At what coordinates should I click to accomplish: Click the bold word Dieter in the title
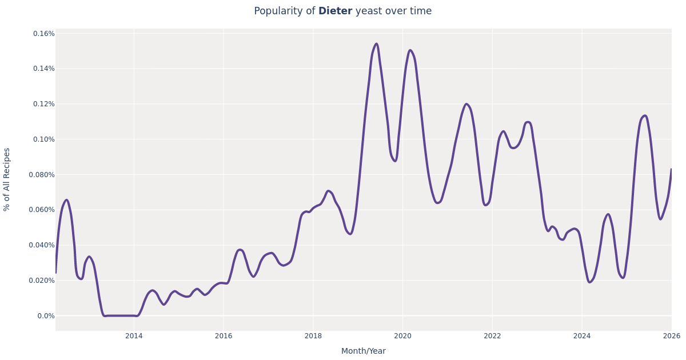click(x=335, y=11)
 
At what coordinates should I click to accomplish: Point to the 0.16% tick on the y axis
click(x=44, y=34)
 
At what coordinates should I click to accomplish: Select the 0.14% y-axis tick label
click(x=44, y=69)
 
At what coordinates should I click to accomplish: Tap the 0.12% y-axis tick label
click(x=44, y=104)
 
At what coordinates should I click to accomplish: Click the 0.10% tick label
click(x=44, y=139)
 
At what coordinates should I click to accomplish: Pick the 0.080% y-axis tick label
click(x=42, y=175)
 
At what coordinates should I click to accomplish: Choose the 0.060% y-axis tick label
click(x=42, y=210)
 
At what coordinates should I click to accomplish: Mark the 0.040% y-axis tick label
click(x=42, y=245)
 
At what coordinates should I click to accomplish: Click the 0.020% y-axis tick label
click(x=42, y=281)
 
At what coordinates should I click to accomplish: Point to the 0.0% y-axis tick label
click(x=46, y=316)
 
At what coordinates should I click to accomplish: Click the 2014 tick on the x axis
click(x=134, y=336)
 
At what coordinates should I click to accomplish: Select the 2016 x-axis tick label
click(x=224, y=336)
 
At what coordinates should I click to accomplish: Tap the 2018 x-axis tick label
click(x=313, y=336)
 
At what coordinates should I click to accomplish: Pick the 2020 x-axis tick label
click(x=402, y=336)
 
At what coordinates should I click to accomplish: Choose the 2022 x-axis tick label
click(x=492, y=336)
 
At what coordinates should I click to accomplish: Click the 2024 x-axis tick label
click(x=582, y=336)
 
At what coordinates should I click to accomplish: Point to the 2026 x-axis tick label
click(x=671, y=336)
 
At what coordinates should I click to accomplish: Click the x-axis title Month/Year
click(x=364, y=351)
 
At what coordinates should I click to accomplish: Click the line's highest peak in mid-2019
click(x=376, y=44)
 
